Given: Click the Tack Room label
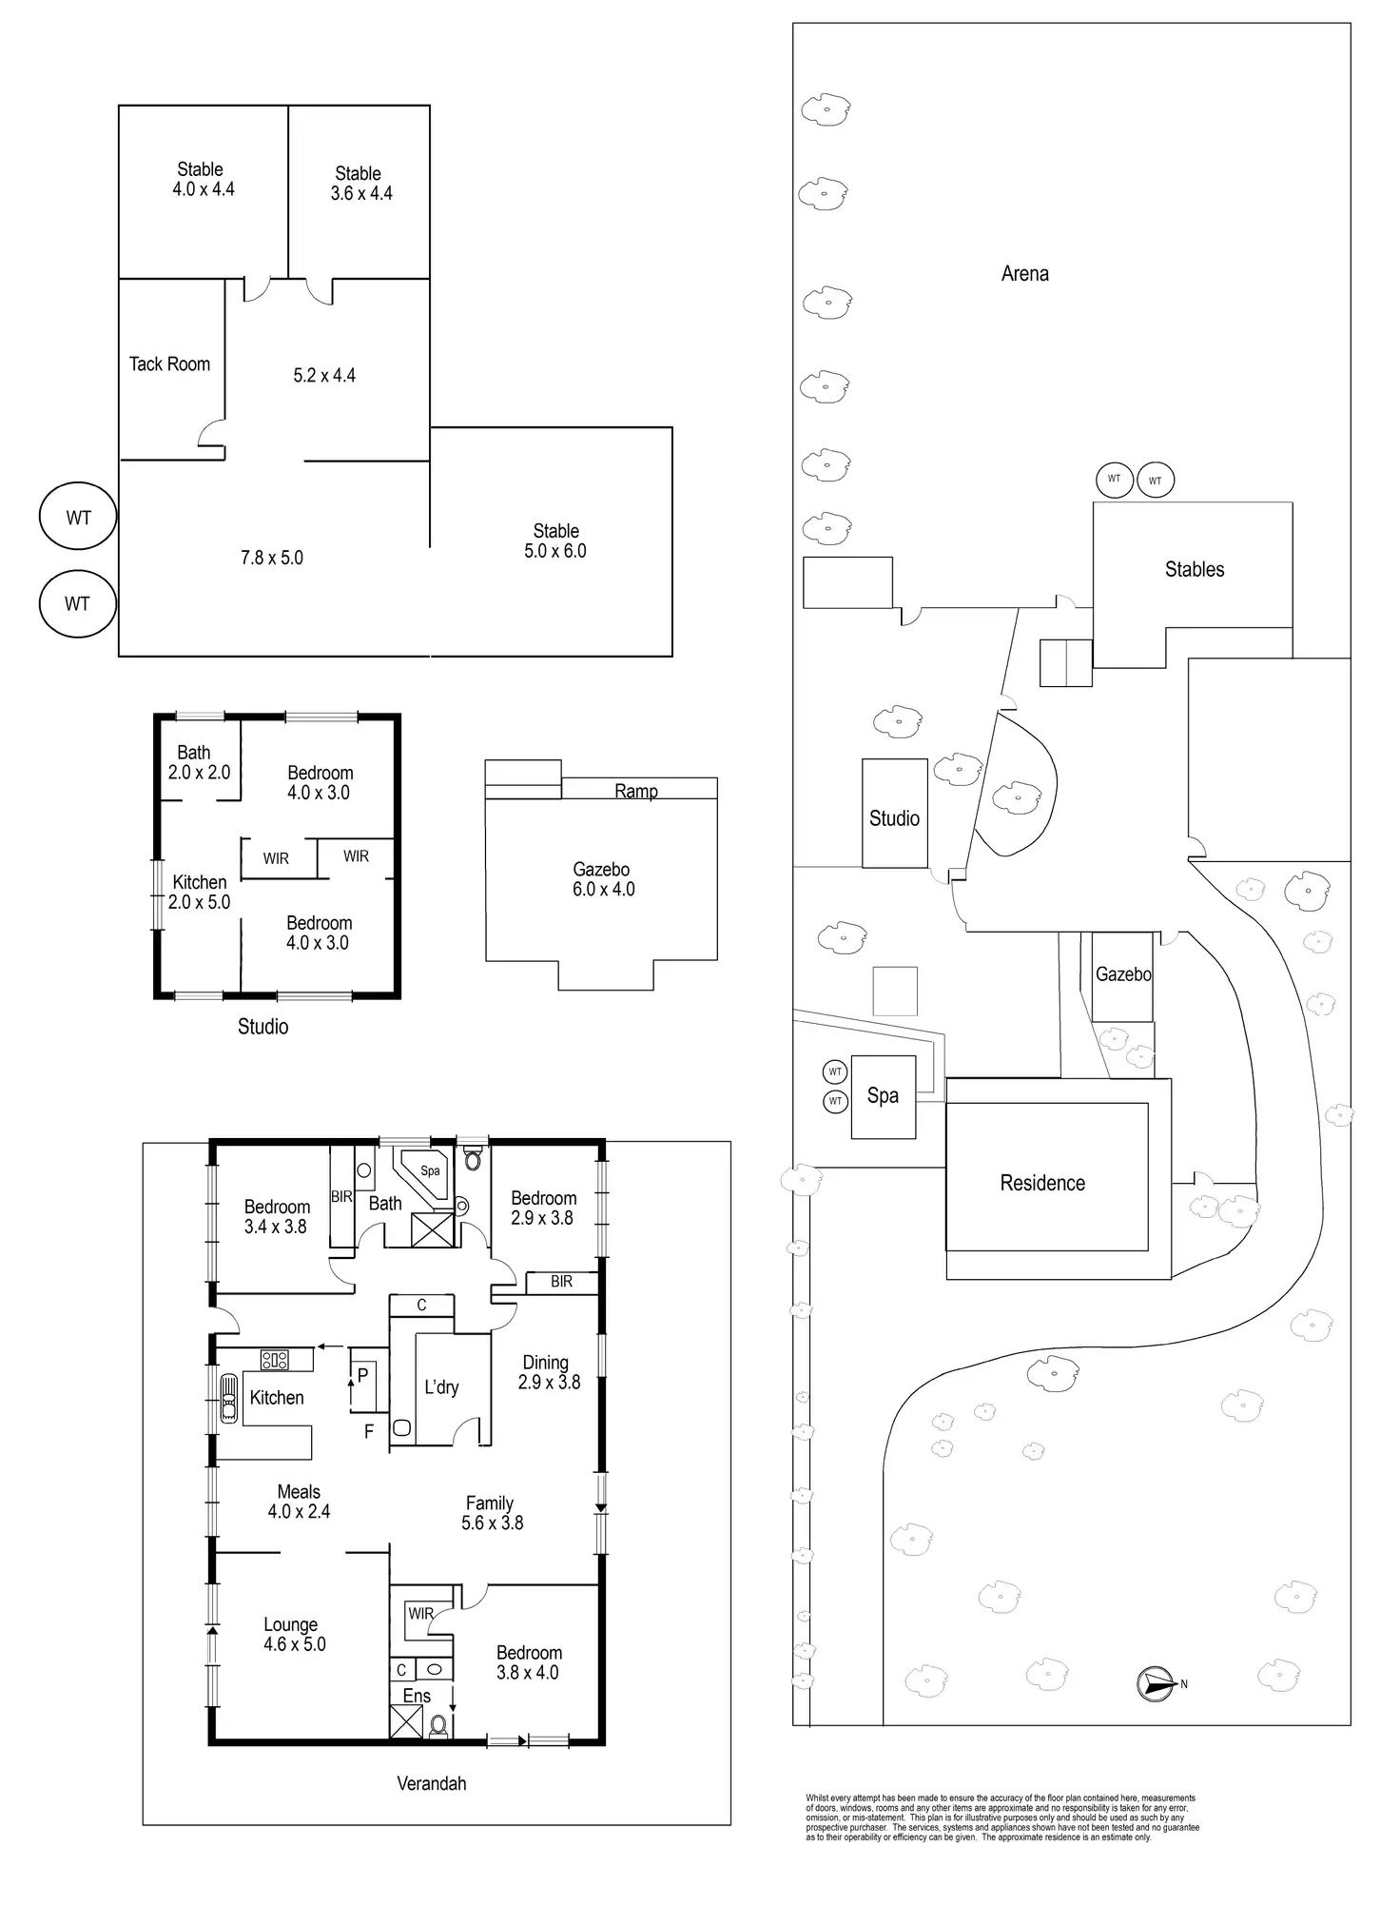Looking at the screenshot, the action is (169, 364).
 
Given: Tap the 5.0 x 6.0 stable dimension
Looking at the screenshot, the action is (555, 551).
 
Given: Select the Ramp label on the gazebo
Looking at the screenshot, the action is (636, 791).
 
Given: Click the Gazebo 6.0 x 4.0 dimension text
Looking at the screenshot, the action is (603, 890).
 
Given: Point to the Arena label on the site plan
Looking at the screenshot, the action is (1024, 274).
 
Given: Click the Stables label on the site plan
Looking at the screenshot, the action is (1194, 570).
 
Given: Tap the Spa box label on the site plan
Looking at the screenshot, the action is (883, 1096).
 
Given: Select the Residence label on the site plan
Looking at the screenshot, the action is (1042, 1183).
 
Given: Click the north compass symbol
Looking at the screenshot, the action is (1154, 1684).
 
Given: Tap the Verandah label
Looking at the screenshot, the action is (432, 1784).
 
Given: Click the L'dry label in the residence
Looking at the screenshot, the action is (441, 1387).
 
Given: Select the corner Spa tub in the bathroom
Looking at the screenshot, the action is (425, 1172).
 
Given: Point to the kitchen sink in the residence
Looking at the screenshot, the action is (229, 1398).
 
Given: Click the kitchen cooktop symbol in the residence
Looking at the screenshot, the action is (275, 1360).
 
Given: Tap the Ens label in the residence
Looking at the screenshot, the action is (417, 1697).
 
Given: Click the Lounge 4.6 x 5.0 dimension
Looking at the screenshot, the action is (294, 1644).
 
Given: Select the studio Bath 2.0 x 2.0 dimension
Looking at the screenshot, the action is (199, 773).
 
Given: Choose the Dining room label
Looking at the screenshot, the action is (545, 1363).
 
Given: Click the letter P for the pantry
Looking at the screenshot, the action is (362, 1375).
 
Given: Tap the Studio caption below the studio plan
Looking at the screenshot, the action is (262, 1027).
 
